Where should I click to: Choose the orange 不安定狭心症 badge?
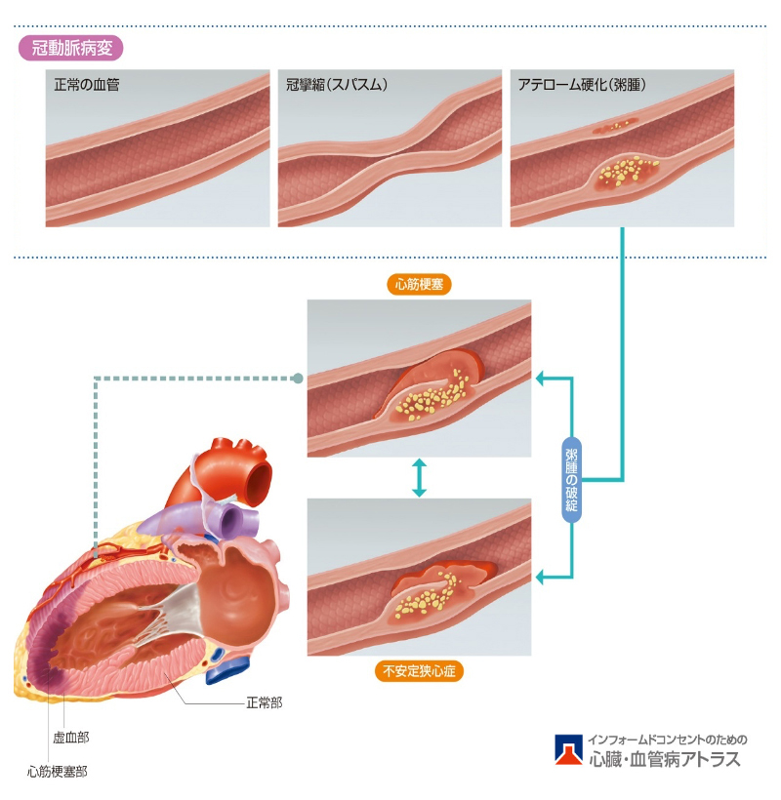(x=420, y=671)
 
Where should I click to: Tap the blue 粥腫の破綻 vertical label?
(x=572, y=479)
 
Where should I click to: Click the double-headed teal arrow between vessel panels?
(x=419, y=478)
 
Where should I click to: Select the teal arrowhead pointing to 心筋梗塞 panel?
(x=540, y=377)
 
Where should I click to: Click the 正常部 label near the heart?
(x=264, y=701)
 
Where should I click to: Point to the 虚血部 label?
(x=70, y=737)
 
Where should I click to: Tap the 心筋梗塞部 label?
(x=58, y=771)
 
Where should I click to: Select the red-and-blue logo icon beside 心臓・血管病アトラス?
(x=568, y=749)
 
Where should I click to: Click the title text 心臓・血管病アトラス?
(x=665, y=759)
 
